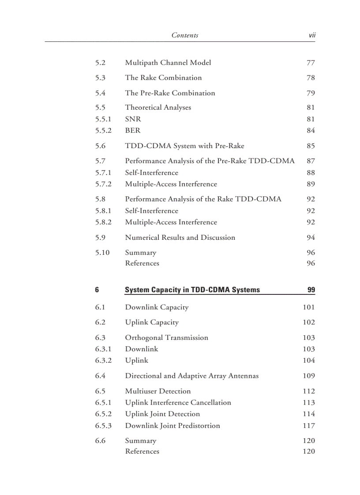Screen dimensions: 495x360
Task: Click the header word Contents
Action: coord(184,35)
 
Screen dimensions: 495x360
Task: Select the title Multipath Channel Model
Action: coord(168,63)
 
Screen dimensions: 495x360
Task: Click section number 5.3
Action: coord(100,78)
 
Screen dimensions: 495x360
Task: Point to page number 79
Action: coord(311,93)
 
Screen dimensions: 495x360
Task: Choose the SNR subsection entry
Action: coord(133,119)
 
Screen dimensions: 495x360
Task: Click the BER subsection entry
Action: coord(132,130)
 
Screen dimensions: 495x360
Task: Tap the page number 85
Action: coord(311,146)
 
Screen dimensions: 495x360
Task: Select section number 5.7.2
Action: coord(103,184)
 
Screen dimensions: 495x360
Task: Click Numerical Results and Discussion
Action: coord(180,238)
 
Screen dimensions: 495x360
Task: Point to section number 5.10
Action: coord(102,253)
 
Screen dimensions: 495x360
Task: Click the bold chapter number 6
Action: coord(97,290)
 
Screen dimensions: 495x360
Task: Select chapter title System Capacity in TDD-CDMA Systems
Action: coord(192,290)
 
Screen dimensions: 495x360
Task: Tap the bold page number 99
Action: coord(311,290)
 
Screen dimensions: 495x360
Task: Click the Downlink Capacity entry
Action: coord(157,307)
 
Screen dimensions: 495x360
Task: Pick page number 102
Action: coord(309,322)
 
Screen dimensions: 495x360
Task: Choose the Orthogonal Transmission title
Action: coord(166,338)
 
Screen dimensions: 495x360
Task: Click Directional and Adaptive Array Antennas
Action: coord(191,376)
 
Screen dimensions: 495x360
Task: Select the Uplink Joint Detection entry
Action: coord(162,414)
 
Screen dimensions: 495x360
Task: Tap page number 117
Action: coord(309,426)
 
